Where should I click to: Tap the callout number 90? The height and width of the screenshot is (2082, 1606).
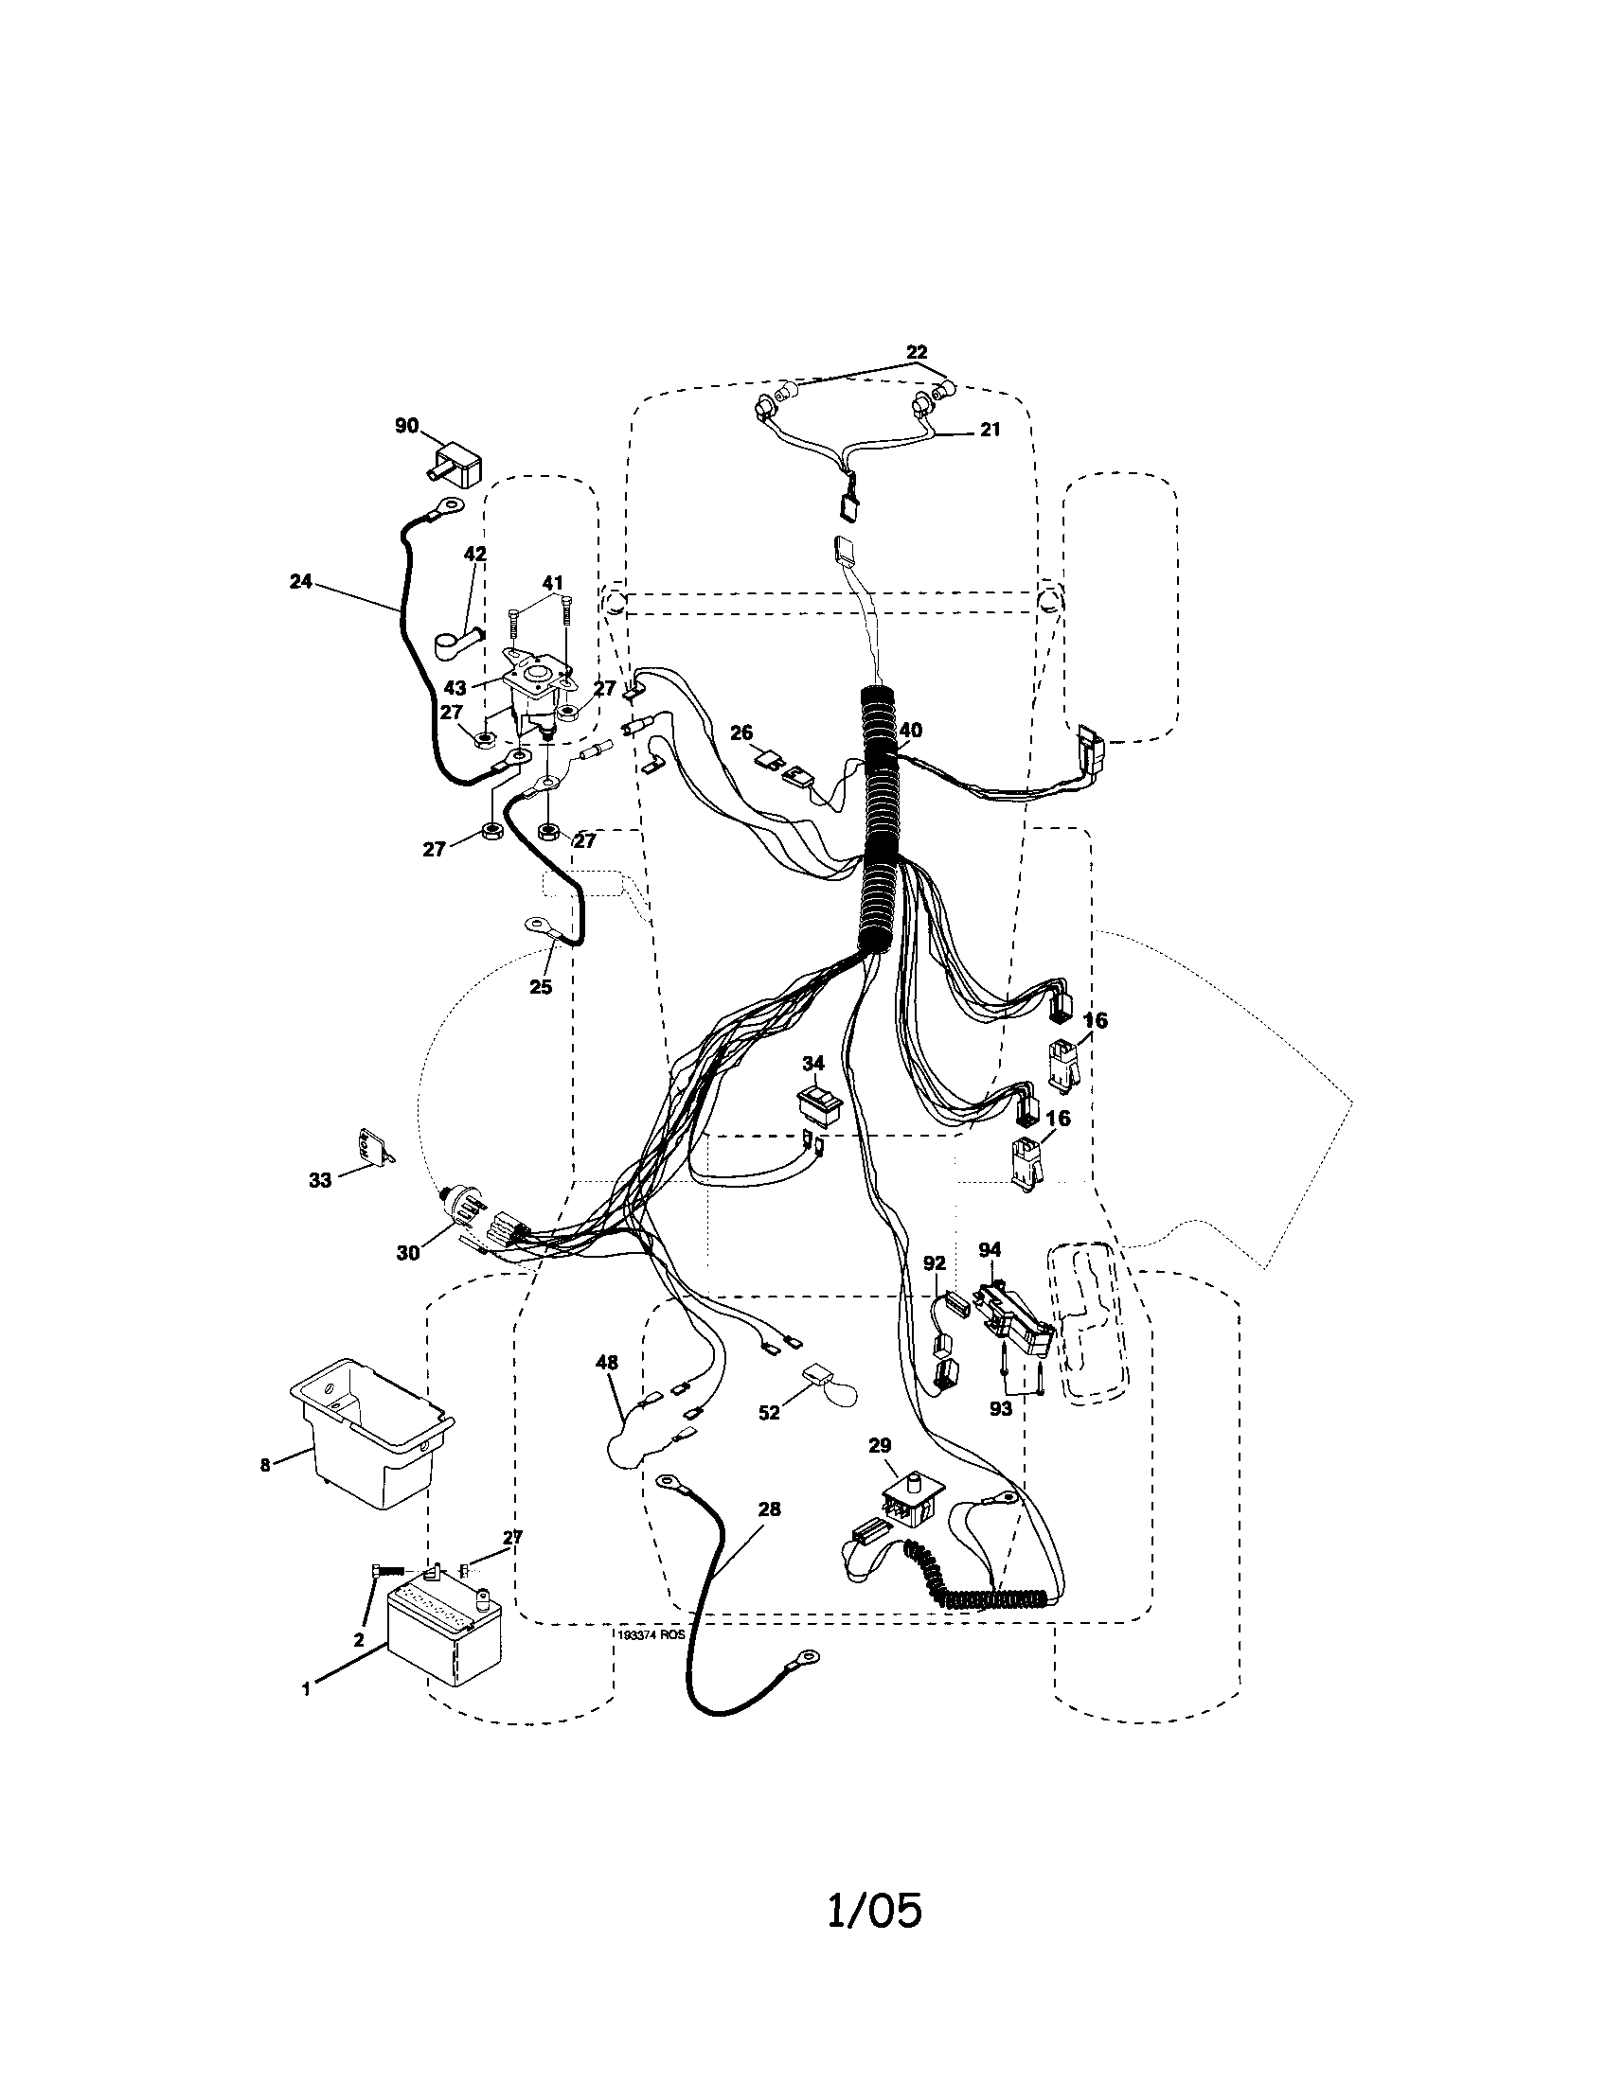pyautogui.click(x=407, y=425)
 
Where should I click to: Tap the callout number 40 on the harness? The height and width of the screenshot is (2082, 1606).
pyautogui.click(x=911, y=731)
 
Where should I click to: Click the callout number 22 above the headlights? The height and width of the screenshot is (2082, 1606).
pyautogui.click(x=916, y=352)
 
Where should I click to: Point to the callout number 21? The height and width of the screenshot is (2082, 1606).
pyautogui.click(x=990, y=430)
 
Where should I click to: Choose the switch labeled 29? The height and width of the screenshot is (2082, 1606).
pyautogui.click(x=912, y=1511)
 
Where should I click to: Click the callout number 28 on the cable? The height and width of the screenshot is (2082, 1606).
pyautogui.click(x=769, y=1509)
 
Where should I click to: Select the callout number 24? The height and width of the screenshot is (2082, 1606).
pyautogui.click(x=300, y=580)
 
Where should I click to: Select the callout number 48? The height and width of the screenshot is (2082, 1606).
pyautogui.click(x=607, y=1363)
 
